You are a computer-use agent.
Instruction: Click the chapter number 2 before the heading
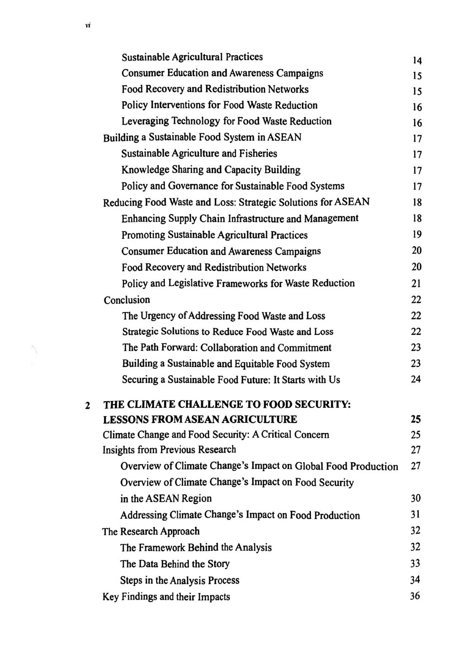click(x=87, y=406)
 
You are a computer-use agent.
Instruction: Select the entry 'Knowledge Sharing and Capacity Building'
click(x=211, y=170)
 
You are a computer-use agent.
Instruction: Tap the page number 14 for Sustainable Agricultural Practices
click(x=416, y=60)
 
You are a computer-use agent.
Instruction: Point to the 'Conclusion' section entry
click(x=127, y=300)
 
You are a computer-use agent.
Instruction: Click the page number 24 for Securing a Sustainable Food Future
click(x=415, y=379)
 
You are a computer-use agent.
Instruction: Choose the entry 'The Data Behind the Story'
click(x=175, y=564)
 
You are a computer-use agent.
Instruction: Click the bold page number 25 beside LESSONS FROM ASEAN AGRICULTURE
click(x=415, y=419)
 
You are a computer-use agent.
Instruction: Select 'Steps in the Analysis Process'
click(x=180, y=581)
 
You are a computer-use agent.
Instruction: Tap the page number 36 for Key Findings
click(x=415, y=596)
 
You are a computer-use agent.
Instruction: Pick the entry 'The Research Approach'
click(x=151, y=532)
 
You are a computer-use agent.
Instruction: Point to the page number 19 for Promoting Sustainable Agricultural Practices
click(x=416, y=235)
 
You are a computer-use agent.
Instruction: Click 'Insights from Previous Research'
click(x=169, y=450)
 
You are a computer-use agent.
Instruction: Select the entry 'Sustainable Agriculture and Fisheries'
click(x=199, y=154)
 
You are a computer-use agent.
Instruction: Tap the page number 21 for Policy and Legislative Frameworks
click(x=416, y=284)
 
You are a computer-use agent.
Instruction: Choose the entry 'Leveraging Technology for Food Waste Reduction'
click(x=226, y=121)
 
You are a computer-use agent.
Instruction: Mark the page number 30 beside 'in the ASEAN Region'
click(x=415, y=498)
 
